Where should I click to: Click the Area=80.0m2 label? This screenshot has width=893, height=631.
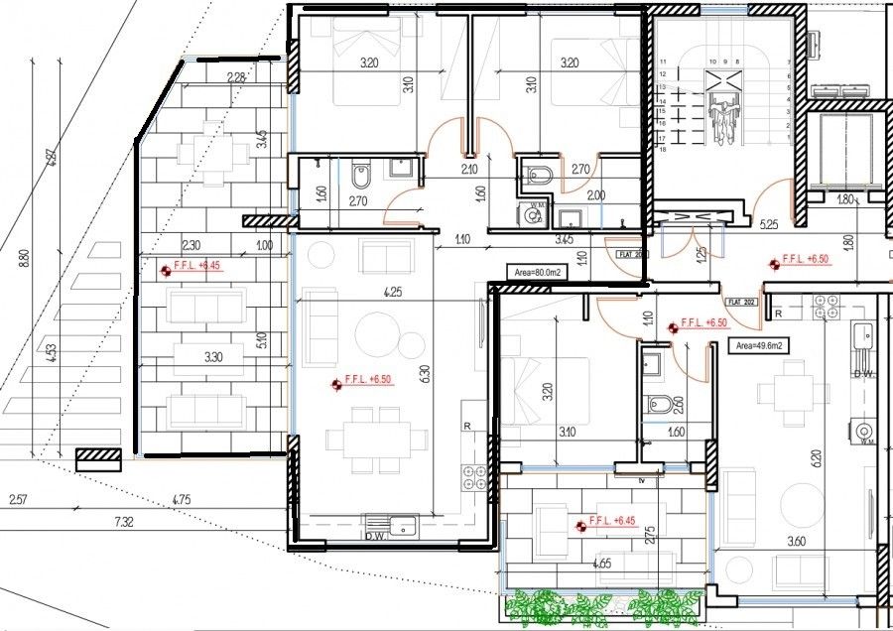535,271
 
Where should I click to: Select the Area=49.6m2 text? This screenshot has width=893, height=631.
757,346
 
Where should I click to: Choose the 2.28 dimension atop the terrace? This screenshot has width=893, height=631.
236,77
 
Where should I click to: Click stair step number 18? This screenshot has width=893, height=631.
662,149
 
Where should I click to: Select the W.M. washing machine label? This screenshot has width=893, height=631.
536,207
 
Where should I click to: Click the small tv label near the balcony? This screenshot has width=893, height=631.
642,480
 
